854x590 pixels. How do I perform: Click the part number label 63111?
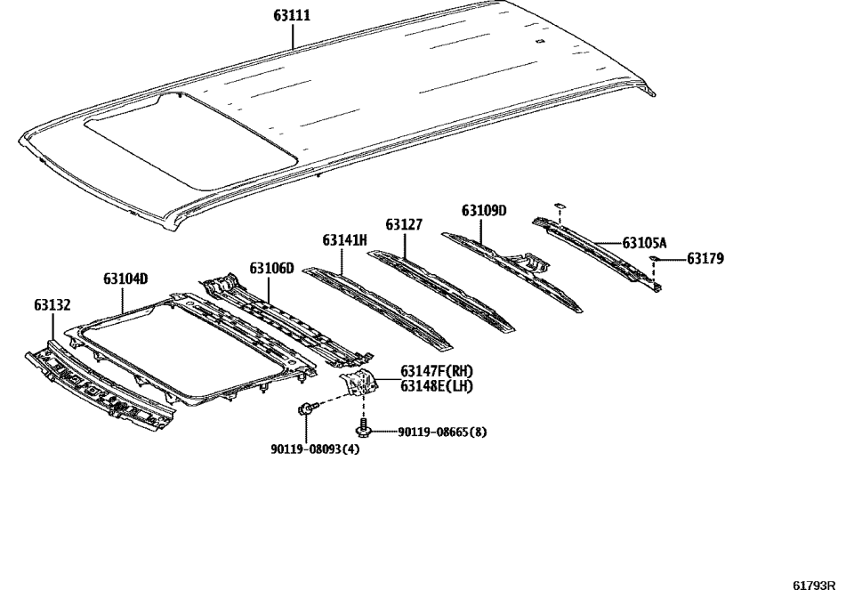point(293,15)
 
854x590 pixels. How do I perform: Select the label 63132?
point(52,305)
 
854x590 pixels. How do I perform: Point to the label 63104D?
point(125,279)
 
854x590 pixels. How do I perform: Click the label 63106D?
point(271,268)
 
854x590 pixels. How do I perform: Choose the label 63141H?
point(344,240)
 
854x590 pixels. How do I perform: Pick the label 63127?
point(404,225)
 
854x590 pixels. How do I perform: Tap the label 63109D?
point(484,211)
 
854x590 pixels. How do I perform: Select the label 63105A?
point(645,242)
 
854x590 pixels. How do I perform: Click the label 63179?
point(705,259)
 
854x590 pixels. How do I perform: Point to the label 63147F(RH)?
point(437,371)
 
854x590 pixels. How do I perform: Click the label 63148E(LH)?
point(436,385)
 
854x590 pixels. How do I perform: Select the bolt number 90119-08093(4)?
point(315,449)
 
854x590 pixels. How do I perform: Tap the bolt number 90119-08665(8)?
point(442,432)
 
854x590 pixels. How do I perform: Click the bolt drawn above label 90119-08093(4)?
point(304,410)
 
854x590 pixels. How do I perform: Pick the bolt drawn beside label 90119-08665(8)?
point(362,431)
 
